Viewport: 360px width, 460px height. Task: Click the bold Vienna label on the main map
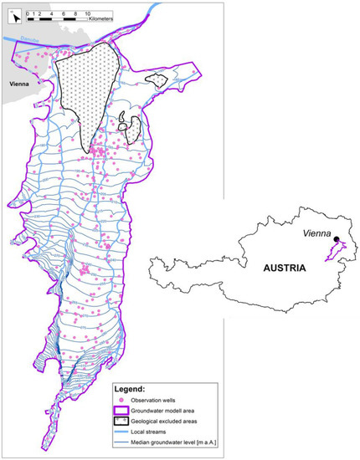point(20,84)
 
